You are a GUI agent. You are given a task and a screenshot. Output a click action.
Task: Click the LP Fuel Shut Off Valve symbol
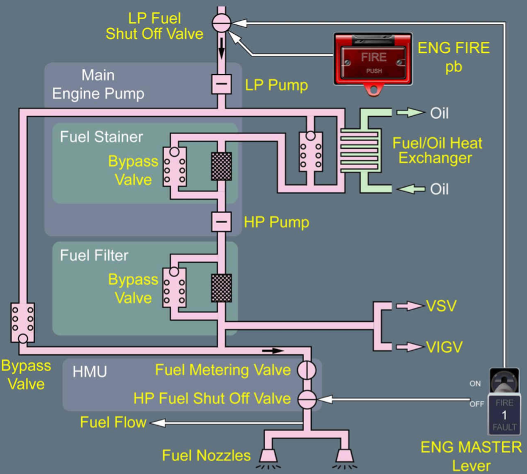point(221,23)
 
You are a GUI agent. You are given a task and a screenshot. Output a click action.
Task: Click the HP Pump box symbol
point(221,221)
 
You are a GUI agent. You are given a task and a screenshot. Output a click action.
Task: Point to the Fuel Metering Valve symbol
point(306,369)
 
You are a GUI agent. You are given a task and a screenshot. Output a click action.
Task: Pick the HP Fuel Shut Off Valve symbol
point(306,398)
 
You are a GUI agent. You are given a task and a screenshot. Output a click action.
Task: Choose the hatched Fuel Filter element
point(221,288)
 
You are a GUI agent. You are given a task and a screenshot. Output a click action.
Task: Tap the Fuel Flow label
point(113,422)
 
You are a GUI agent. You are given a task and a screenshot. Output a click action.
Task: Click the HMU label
point(90,371)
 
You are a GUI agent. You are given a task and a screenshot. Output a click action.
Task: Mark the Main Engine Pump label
point(98,84)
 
